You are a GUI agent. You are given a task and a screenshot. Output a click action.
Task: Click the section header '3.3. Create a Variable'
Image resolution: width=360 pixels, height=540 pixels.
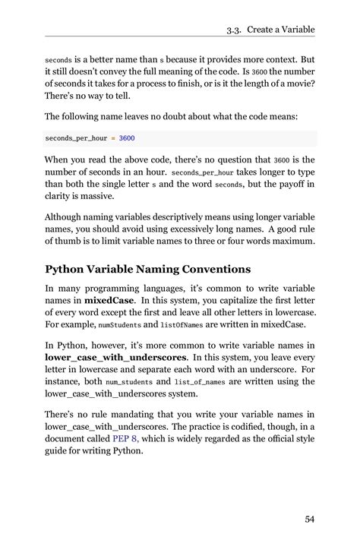270,30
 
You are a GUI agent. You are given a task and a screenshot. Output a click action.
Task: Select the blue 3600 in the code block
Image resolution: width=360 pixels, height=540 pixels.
127,139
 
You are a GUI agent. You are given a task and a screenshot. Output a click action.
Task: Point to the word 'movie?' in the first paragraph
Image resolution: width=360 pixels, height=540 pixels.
297,84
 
